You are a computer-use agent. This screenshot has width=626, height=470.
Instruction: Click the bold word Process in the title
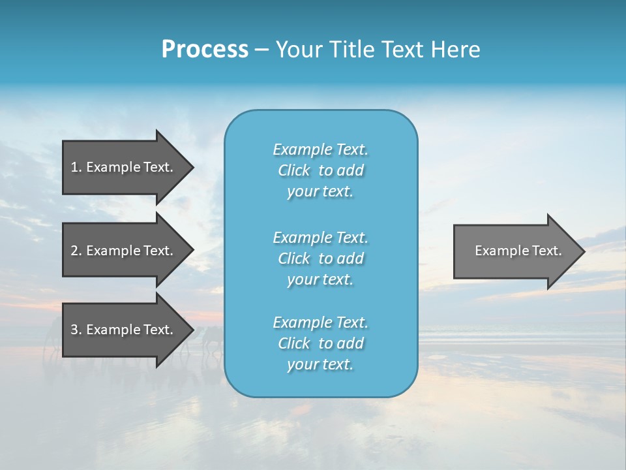pos(205,50)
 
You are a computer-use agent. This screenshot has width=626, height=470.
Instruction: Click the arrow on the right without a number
pos(515,251)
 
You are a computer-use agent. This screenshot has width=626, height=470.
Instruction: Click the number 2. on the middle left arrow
pos(76,251)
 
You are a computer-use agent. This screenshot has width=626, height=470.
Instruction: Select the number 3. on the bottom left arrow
pos(76,330)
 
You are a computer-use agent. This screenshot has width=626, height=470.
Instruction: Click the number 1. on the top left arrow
pos(76,167)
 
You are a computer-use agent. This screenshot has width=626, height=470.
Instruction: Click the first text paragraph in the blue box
pos(320,170)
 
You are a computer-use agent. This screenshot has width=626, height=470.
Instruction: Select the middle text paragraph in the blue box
pos(320,258)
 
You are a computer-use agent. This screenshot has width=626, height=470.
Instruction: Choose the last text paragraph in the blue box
pos(320,343)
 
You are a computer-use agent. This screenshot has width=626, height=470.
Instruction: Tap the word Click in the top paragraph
pos(293,170)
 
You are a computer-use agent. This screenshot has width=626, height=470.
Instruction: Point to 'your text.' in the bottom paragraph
pos(320,365)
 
